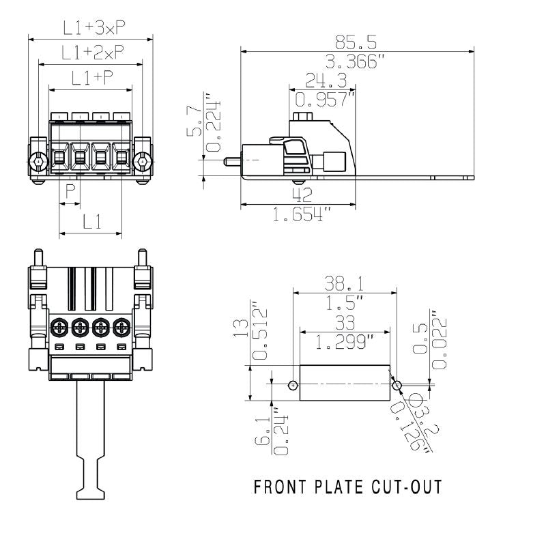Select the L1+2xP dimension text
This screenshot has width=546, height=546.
coord(91,53)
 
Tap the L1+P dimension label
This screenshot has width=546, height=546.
coord(91,78)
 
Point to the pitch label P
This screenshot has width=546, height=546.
coord(70,192)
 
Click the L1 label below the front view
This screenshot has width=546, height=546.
coord(91,221)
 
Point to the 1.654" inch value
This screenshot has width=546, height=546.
coord(301,215)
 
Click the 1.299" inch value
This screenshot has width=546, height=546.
coord(345,341)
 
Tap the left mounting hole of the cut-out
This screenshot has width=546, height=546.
coord(293,385)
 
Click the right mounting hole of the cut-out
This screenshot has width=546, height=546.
coord(397,385)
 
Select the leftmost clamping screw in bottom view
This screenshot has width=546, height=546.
coord(59,327)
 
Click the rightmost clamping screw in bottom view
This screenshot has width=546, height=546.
coord(121,327)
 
